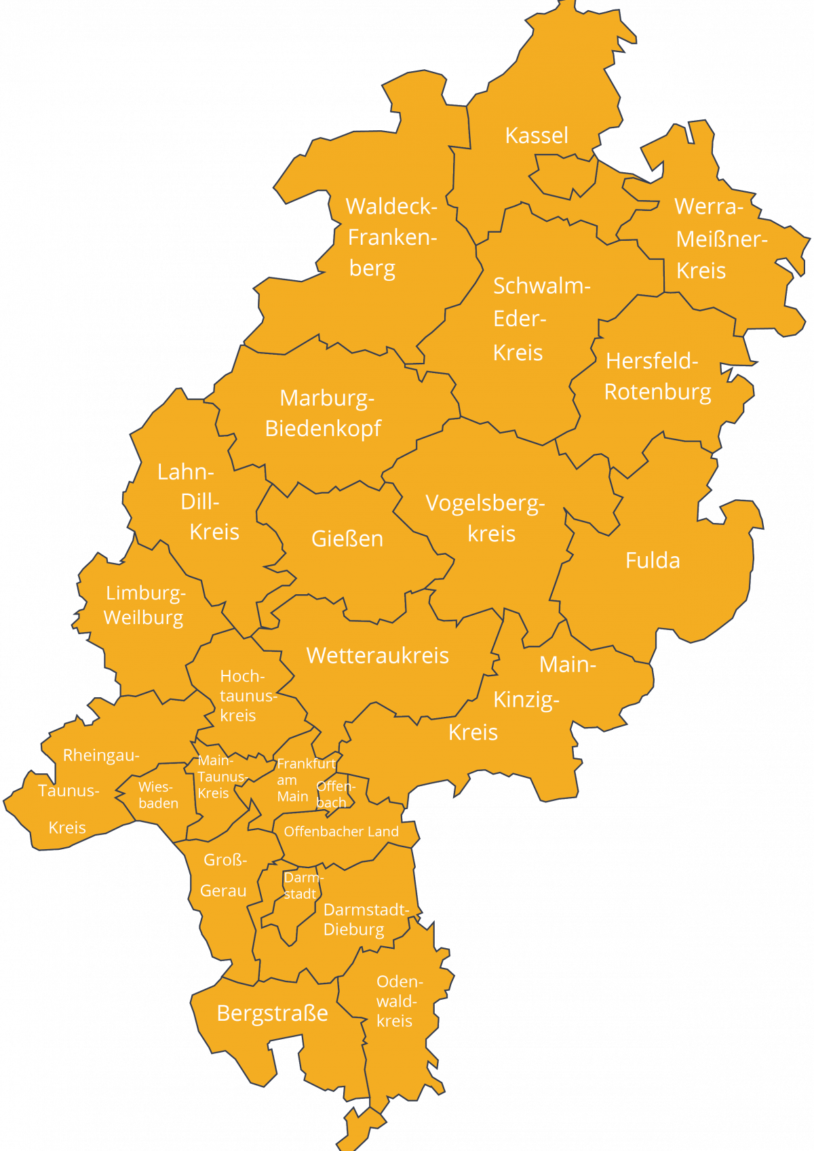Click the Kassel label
click(536, 136)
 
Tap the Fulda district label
click(653, 561)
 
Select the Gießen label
click(347, 539)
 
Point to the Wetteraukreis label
click(377, 655)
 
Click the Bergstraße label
click(272, 1013)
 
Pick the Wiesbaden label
click(158, 795)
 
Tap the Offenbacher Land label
click(341, 832)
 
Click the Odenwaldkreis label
click(398, 1001)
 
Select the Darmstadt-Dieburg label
click(365, 919)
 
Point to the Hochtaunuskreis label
click(244, 696)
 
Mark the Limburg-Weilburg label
click(144, 605)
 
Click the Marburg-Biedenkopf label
click(324, 413)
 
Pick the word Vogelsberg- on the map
click(485, 503)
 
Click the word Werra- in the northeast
click(708, 206)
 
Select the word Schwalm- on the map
click(541, 286)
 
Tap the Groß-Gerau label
click(224, 875)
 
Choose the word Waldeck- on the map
click(391, 206)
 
